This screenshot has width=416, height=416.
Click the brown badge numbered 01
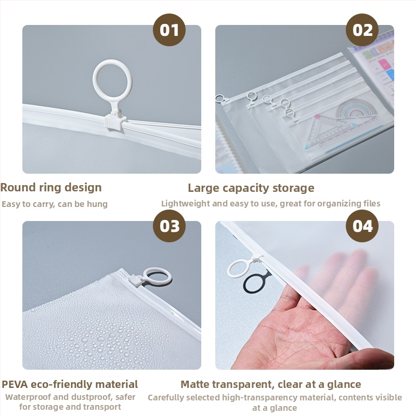[x=169, y=30]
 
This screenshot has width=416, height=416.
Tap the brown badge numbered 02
[x=362, y=30]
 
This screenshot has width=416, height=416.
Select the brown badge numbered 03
[x=169, y=226]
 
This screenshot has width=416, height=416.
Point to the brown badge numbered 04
[x=362, y=226]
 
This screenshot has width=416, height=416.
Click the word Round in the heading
[x=18, y=187]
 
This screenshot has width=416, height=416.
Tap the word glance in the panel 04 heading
[x=344, y=385]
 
